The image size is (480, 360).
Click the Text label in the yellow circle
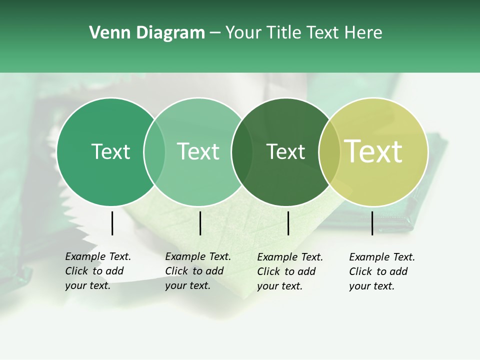[373, 151]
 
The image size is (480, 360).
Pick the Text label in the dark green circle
[286, 152]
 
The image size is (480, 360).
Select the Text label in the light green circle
[198, 151]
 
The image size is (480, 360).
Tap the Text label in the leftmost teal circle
[110, 151]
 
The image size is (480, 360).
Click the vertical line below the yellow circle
[372, 223]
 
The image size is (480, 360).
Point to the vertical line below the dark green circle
[288, 223]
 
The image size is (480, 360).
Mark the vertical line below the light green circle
[200, 223]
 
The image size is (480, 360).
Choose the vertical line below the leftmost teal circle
[112, 223]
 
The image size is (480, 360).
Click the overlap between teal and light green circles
[154, 152]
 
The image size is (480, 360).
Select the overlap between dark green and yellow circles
[329, 152]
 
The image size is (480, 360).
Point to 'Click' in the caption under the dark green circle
[268, 271]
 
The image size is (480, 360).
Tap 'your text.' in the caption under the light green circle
[187, 285]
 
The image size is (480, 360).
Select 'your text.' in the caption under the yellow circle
[371, 286]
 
